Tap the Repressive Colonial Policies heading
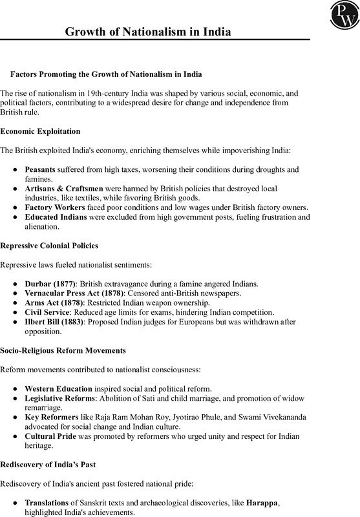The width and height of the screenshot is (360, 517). point(49,246)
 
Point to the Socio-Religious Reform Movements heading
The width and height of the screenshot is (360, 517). point(63,350)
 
